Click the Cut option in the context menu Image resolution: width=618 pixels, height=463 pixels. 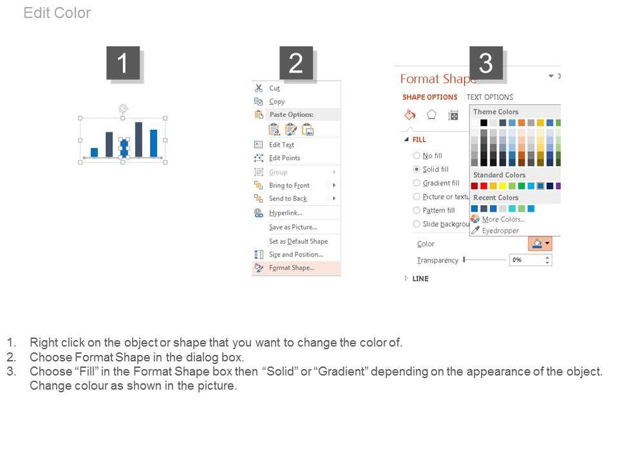tap(274, 88)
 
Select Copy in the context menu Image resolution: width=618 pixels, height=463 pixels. tap(277, 102)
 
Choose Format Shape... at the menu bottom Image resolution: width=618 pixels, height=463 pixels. tap(292, 268)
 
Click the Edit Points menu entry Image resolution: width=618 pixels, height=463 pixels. tap(285, 158)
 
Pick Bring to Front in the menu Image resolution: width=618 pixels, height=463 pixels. tap(289, 185)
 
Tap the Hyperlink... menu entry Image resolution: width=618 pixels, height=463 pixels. tap(286, 213)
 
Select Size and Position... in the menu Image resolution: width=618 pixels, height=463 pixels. tap(296, 255)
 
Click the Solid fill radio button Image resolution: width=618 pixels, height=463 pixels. tap(417, 169)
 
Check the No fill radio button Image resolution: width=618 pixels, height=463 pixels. tap(417, 156)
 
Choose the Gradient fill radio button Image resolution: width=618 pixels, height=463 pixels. tap(417, 183)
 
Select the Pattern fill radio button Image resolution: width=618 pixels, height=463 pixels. tap(417, 210)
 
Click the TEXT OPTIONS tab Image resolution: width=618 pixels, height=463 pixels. tap(490, 97)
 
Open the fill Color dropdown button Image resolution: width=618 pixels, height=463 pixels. tap(540, 244)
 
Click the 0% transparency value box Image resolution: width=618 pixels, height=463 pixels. tap(530, 260)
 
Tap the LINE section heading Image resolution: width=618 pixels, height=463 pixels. tap(420, 278)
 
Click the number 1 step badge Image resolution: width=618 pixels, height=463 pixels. tap(123, 63)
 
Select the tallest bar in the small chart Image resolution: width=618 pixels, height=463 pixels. tap(139, 140)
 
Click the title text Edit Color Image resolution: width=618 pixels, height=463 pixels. tap(57, 13)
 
